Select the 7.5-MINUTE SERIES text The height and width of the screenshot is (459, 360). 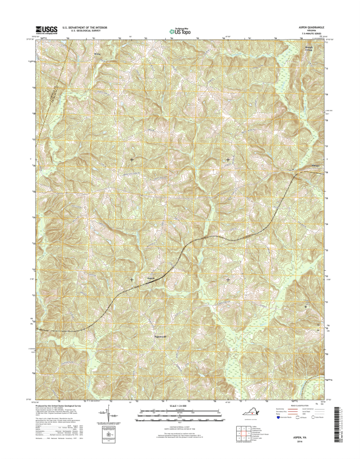[312, 34]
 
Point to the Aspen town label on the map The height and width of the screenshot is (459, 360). [151, 279]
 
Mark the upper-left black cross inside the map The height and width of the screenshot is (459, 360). [132, 159]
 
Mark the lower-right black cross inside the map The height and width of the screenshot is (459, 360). [229, 279]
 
